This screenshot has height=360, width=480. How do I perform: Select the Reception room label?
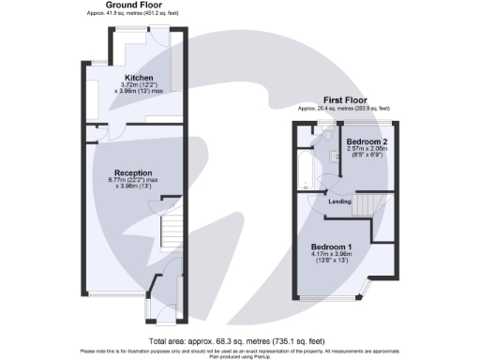[x=133, y=172]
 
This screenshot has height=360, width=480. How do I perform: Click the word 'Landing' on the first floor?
[x=339, y=201]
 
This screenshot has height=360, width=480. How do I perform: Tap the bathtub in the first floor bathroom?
[x=302, y=170]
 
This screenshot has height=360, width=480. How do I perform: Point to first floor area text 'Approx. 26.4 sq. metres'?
[x=344, y=108]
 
